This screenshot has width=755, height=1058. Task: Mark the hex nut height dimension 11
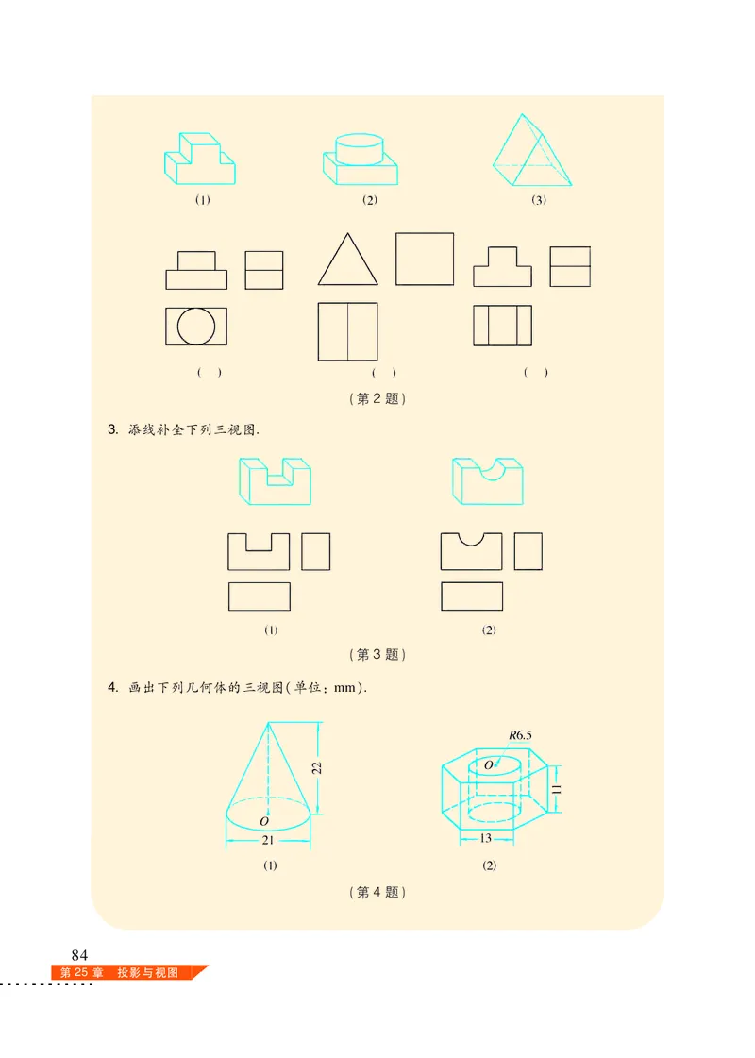[x=557, y=788]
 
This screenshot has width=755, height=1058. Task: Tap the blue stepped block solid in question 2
[x=200, y=158]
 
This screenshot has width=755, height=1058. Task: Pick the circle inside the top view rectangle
[x=196, y=326]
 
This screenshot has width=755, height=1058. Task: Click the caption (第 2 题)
[x=377, y=398]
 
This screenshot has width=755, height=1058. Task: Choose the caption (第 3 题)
[x=377, y=654]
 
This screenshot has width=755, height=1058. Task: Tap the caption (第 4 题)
[x=377, y=892]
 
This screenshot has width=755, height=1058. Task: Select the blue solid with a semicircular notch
[x=487, y=480]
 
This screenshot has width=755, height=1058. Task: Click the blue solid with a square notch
[x=275, y=480]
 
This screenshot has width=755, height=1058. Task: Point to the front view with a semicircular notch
[x=471, y=551]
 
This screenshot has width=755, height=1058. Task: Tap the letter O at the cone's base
[x=263, y=822]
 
